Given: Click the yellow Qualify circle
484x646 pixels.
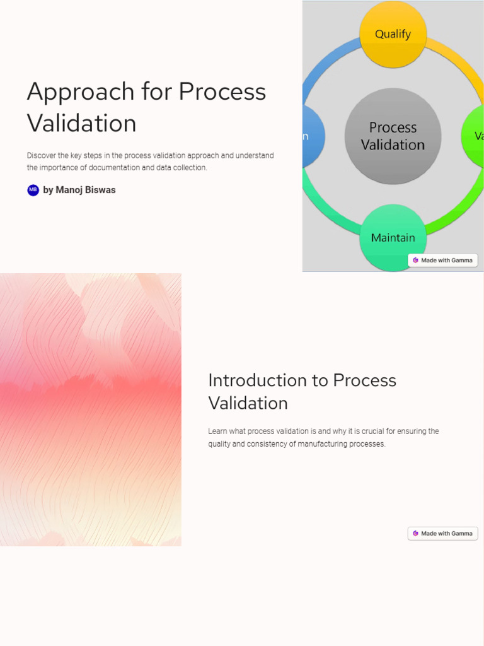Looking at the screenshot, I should [x=393, y=35].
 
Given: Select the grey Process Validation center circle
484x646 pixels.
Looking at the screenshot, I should [x=393, y=136].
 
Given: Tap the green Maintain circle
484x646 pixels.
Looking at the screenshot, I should [x=393, y=238].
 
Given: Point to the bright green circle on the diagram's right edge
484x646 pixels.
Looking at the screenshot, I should [x=474, y=136].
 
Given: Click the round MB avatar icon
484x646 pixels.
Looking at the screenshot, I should [x=33, y=190].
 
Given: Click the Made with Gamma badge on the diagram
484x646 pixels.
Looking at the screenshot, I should [x=442, y=260].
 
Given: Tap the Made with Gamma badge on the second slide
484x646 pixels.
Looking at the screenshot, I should [x=442, y=534].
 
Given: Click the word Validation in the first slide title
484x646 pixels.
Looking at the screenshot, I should [x=81, y=124].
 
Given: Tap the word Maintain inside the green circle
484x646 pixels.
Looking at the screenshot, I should [x=393, y=238].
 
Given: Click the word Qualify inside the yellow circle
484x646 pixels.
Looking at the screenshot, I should [x=393, y=34].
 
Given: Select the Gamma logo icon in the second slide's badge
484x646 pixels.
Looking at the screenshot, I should [x=415, y=534].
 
